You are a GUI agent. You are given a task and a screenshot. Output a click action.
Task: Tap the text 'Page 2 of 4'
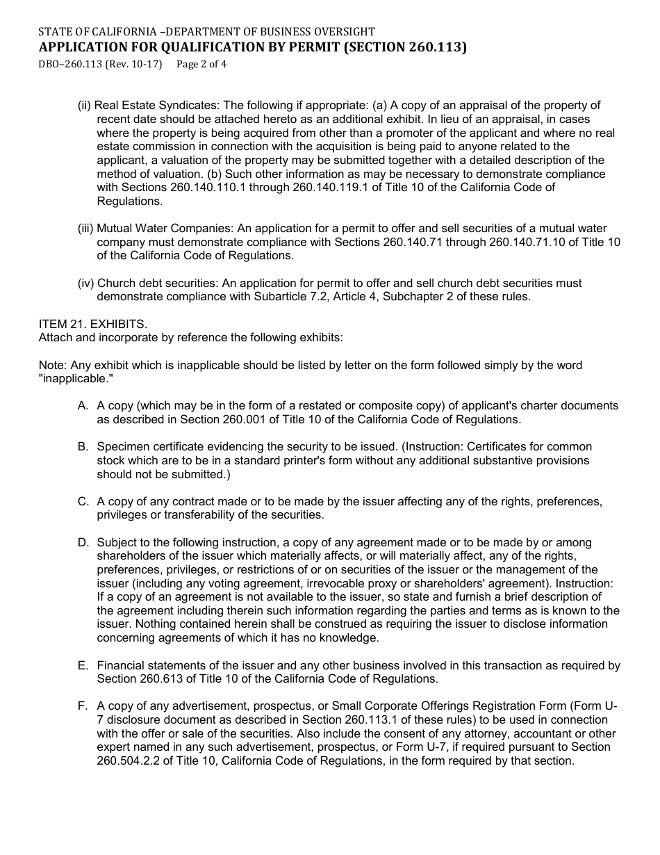tap(202, 65)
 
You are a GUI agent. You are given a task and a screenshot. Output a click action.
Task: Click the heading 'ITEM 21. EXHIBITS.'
tap(92, 325)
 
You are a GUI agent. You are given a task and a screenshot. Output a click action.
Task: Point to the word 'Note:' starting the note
tap(51, 366)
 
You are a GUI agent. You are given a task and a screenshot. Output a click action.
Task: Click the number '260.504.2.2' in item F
tap(129, 760)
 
